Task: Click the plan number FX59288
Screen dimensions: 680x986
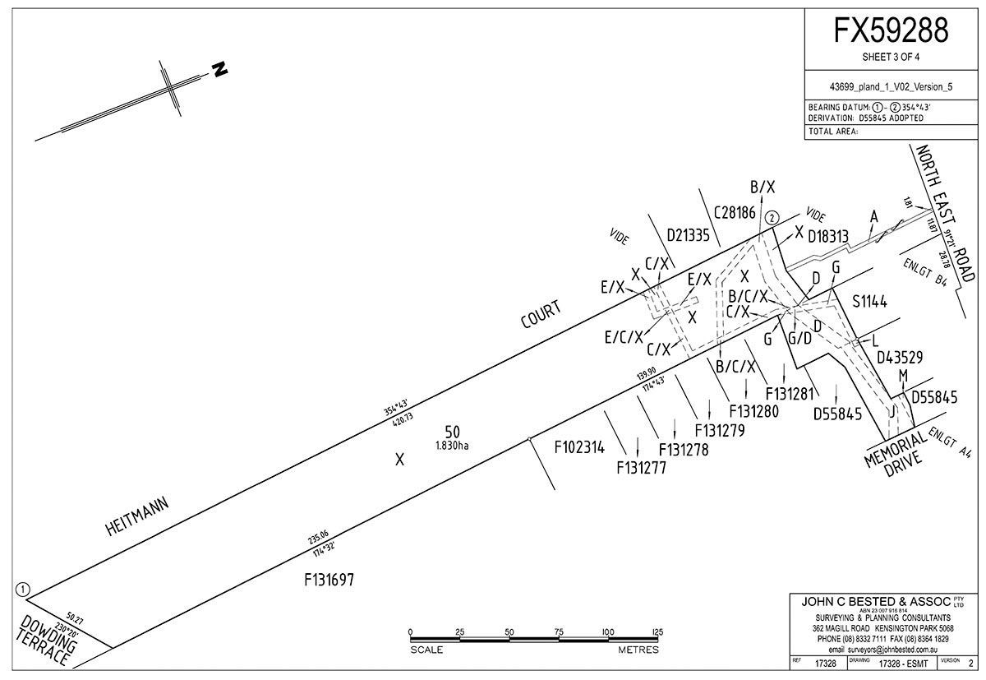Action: coord(892,30)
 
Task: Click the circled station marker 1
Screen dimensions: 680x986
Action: coord(22,589)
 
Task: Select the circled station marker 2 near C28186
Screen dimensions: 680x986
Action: coord(771,218)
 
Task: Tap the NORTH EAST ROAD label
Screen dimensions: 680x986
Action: coord(946,214)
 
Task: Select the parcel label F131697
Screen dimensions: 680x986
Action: coord(329,580)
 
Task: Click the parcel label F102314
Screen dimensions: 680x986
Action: coord(579,448)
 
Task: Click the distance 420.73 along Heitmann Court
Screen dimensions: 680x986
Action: coord(402,420)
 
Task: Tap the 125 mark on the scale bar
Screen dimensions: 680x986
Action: coord(657,631)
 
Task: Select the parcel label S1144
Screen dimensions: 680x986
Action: coord(870,303)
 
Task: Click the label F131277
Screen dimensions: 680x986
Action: coord(641,468)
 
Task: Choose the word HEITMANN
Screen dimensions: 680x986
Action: coord(137,516)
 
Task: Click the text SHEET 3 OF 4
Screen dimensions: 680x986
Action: coord(892,58)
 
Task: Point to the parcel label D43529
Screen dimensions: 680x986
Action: coord(901,358)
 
